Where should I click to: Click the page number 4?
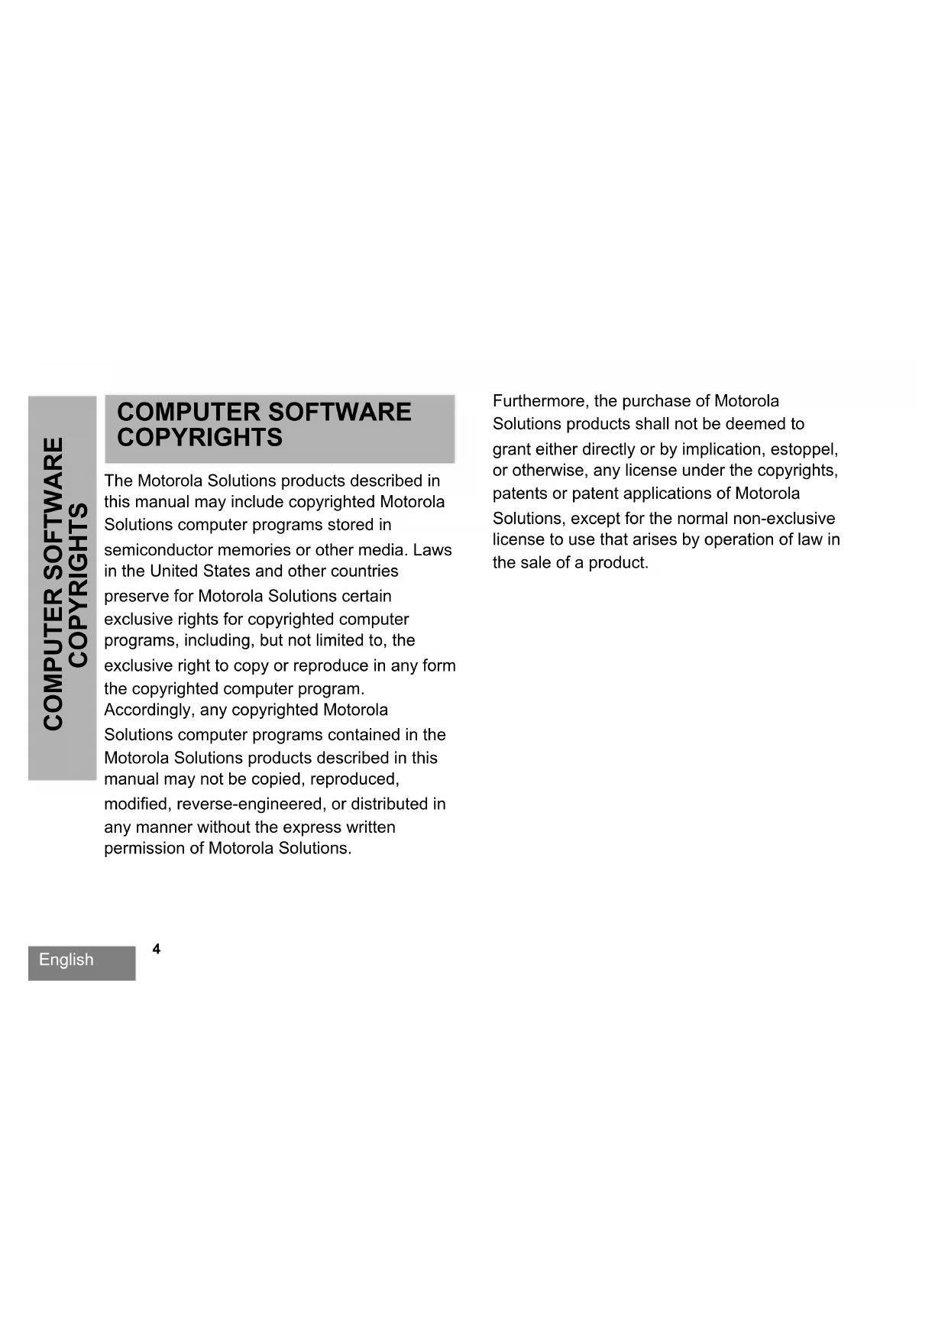pos(157,949)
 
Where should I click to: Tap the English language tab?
pos(66,960)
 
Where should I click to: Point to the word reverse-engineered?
pos(251,804)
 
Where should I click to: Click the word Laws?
pos(432,550)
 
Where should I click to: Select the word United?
pos(174,571)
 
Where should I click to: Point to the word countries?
pos(364,571)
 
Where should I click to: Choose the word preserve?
pos(137,597)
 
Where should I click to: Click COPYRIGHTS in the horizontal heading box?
pos(199,438)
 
